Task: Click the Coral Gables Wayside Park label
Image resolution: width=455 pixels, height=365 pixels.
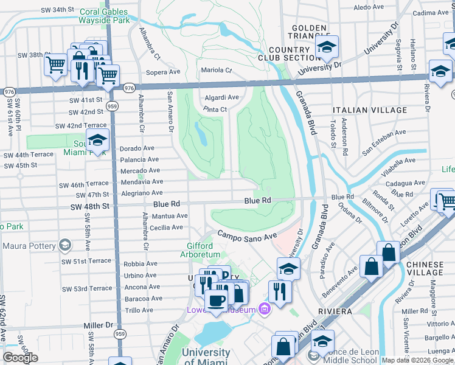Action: (x=104, y=15)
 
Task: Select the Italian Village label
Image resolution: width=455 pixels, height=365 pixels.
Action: (x=370, y=110)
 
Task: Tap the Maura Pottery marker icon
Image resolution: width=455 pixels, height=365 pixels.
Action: (x=65, y=246)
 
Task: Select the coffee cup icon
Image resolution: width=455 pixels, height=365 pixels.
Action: (x=216, y=300)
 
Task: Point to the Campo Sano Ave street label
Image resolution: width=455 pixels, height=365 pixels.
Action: (x=247, y=235)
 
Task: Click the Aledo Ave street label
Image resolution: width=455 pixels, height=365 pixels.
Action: (x=369, y=7)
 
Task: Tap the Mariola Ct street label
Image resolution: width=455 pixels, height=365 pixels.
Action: (x=217, y=71)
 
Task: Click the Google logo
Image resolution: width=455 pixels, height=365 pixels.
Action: (x=20, y=358)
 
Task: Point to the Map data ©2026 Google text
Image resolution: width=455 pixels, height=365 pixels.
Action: (x=417, y=360)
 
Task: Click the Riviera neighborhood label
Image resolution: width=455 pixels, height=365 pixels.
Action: (x=334, y=311)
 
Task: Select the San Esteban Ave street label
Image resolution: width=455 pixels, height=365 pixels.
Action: (x=383, y=133)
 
